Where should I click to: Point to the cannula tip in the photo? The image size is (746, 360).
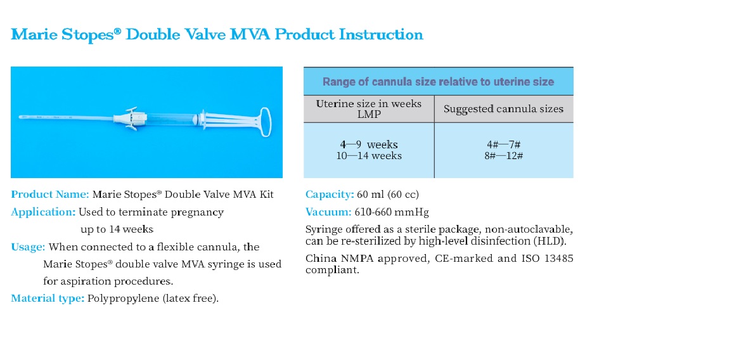pos(20,117)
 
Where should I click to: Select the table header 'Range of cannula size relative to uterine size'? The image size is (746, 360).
pos(438,82)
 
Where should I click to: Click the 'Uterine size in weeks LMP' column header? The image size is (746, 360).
pos(369,109)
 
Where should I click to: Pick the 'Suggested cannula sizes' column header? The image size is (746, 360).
pos(503,109)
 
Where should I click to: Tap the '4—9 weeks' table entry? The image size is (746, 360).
pos(369,145)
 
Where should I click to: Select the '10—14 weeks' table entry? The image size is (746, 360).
pos(369,156)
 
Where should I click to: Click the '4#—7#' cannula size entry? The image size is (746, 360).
pos(503,145)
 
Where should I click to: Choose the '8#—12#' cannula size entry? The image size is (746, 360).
pos(503,156)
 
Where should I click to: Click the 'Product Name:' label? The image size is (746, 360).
pos(50,195)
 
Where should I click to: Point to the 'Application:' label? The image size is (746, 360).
pos(43,212)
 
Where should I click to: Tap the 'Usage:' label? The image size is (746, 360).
pos(28,247)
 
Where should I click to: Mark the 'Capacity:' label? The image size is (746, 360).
pos(330,195)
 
